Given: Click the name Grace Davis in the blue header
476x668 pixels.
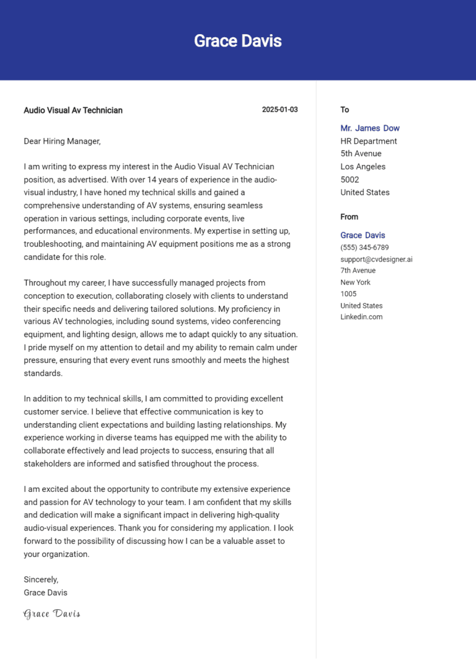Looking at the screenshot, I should pyautogui.click(x=238, y=41).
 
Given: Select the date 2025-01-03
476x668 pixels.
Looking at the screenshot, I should pyautogui.click(x=280, y=110).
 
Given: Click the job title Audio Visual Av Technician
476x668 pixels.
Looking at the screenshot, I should pyautogui.click(x=73, y=110).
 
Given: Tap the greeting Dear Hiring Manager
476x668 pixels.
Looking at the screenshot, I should pyautogui.click(x=62, y=141).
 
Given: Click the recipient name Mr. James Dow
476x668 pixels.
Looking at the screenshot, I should pyautogui.click(x=370, y=128).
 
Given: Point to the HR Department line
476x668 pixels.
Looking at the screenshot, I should pyautogui.click(x=369, y=141).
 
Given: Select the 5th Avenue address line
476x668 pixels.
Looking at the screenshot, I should pyautogui.click(x=361, y=154).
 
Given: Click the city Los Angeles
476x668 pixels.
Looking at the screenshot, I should pyautogui.click(x=363, y=167).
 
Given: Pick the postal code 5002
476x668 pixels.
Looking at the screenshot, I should pyautogui.click(x=350, y=180).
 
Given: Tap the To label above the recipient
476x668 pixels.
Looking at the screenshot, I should pyautogui.click(x=345, y=110).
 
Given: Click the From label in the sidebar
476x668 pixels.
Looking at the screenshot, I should pyautogui.click(x=349, y=217).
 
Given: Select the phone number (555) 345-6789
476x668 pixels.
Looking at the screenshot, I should pyautogui.click(x=364, y=247).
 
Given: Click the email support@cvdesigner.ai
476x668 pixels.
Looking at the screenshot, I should pyautogui.click(x=376, y=259).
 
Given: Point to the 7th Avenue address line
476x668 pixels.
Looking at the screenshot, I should pyautogui.click(x=358, y=271).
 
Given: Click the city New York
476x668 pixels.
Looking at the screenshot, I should pyautogui.click(x=355, y=283).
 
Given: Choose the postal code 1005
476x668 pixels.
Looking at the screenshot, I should pyautogui.click(x=348, y=294).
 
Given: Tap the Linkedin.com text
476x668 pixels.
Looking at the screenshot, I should pyautogui.click(x=361, y=317).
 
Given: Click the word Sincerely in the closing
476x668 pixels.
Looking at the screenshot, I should pyautogui.click(x=41, y=579).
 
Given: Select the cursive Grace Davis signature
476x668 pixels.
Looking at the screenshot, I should pyautogui.click(x=52, y=614).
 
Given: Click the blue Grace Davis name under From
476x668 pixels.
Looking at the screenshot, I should pyautogui.click(x=363, y=235).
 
